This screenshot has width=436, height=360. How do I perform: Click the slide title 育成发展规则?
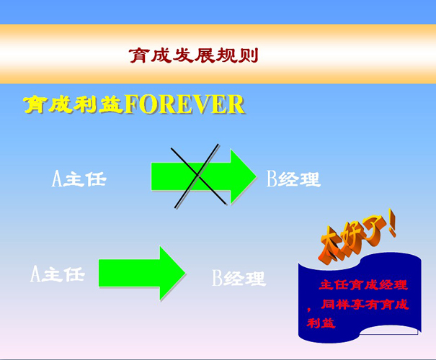coord(194,55)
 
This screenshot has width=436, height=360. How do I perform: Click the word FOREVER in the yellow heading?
coord(184,104)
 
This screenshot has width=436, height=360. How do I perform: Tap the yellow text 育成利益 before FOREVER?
coord(74,104)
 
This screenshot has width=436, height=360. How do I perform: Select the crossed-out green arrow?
coord(203,176)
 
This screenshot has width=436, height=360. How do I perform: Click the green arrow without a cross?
coord(142,273)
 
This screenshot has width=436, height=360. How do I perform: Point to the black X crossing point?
coord(197,175)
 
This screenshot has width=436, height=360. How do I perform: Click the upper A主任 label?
coord(79,179)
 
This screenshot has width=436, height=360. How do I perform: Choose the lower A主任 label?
coord(57,274)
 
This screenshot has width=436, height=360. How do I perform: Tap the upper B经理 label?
coord(293,179)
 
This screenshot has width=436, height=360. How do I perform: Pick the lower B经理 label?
coord(239,278)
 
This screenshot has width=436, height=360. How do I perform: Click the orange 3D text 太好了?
coord(357,237)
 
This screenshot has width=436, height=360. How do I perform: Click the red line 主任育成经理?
coord(363,285)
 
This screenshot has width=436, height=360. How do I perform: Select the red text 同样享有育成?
coord(365,305)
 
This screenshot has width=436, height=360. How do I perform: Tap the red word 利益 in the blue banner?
coord(321,323)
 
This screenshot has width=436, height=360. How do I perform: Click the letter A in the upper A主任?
coord(57,179)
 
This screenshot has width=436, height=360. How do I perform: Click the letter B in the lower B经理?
coord(218,278)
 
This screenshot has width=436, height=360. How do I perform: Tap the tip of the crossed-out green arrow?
coord(256,176)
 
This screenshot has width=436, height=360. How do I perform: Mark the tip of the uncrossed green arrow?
coord(185,273)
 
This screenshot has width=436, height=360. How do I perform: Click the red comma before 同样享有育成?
coord(309,309)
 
